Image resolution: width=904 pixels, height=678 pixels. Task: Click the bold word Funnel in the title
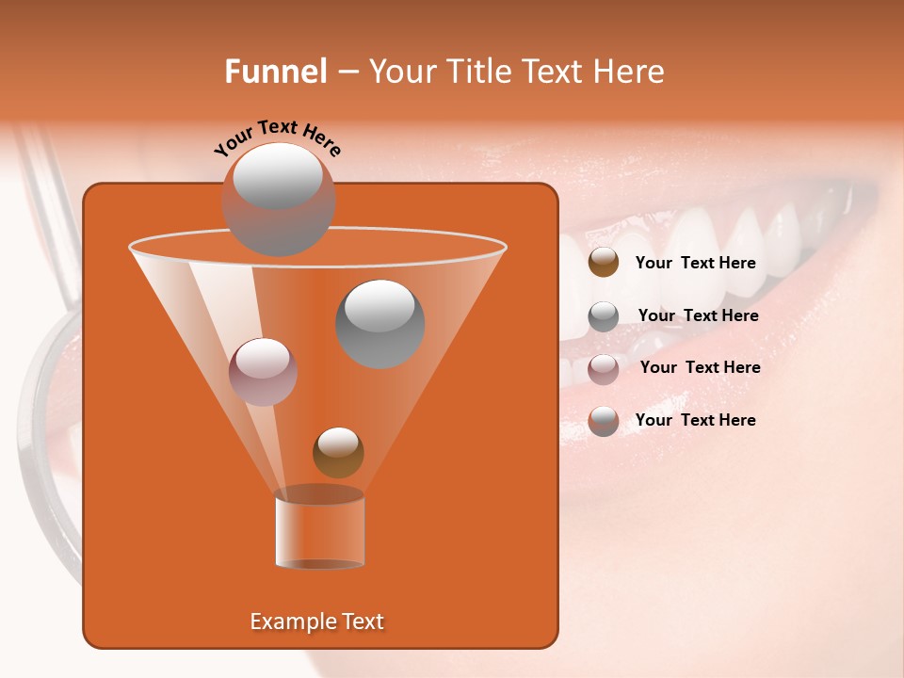click(275, 72)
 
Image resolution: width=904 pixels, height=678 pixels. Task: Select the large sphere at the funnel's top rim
click(279, 199)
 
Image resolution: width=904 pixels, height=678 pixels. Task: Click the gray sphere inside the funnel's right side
click(379, 323)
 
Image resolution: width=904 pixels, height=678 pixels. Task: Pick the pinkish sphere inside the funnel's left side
click(264, 371)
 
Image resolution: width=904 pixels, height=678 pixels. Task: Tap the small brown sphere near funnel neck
click(338, 453)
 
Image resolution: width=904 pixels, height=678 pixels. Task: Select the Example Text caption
click(317, 621)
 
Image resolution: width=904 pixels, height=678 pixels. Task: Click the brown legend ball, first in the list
click(604, 263)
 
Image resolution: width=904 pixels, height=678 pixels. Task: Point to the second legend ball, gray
click(604, 316)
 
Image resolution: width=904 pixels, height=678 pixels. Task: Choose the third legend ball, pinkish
click(604, 369)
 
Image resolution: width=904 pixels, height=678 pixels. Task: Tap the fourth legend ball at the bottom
click(604, 421)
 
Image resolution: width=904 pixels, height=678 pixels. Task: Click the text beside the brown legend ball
click(695, 264)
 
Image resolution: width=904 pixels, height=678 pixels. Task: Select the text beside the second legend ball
click(698, 316)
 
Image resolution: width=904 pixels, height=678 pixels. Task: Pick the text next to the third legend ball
click(700, 368)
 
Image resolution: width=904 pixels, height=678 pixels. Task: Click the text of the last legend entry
click(695, 420)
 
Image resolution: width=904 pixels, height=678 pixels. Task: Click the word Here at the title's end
click(630, 72)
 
